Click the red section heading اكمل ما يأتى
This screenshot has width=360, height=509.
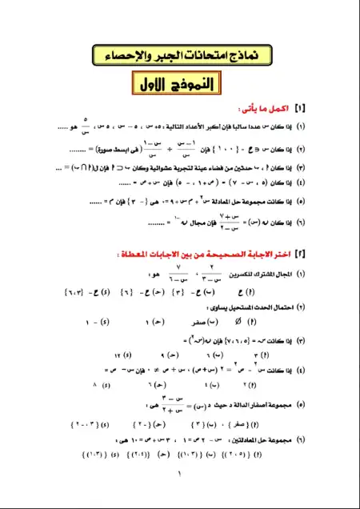(x=267, y=109)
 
